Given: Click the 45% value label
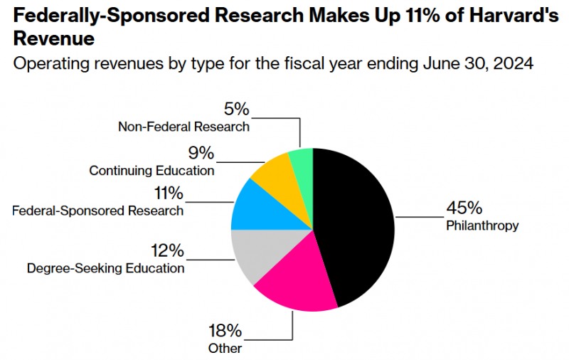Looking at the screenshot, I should [464, 208].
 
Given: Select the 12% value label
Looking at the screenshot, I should [167, 250].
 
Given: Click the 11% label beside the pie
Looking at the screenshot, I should [168, 193].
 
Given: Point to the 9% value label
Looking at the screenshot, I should [201, 152].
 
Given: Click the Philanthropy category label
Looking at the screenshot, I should [482, 226].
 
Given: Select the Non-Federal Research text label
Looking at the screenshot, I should [184, 127].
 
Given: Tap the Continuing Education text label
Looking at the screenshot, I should [151, 171].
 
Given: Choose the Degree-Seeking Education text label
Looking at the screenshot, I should [105, 268].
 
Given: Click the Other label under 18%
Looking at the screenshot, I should [225, 349].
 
